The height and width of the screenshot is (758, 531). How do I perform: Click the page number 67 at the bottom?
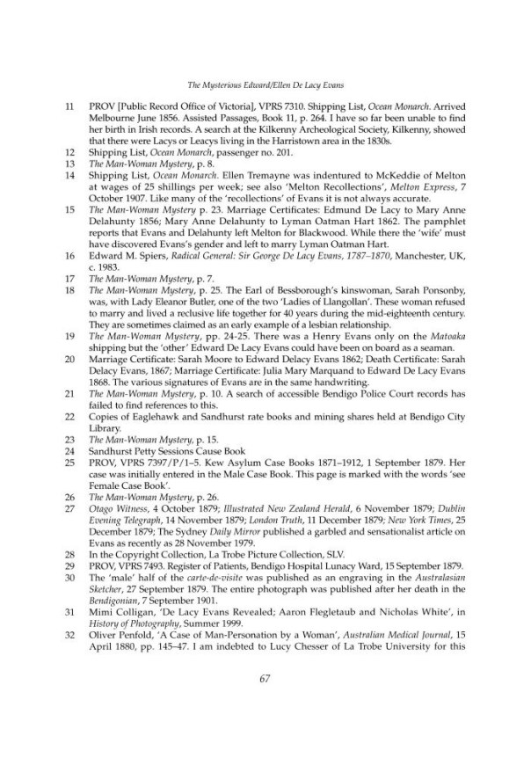coord(265,702)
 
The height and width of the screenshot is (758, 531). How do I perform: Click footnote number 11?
coord(70,105)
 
